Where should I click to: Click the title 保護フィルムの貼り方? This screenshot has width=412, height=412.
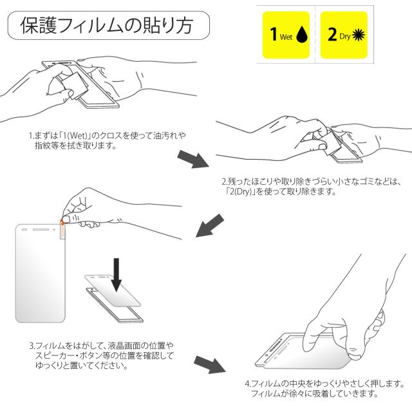[x=107, y=26]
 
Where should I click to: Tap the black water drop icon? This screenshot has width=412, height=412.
[x=302, y=34]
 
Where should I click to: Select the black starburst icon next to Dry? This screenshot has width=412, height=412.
[x=359, y=35]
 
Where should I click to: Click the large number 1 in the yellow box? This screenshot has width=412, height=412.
[x=274, y=34]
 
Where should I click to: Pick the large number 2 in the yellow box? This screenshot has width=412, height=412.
[x=332, y=34]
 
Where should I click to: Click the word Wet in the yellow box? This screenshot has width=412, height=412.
[x=286, y=37]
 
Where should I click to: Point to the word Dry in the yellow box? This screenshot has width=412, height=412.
[x=345, y=37]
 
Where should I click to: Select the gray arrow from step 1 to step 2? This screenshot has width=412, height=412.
[x=193, y=159]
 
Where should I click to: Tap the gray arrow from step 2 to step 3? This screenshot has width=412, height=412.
[x=210, y=226]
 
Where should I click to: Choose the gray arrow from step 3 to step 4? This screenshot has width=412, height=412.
[x=210, y=364]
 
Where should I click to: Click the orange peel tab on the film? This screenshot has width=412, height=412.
[x=62, y=229]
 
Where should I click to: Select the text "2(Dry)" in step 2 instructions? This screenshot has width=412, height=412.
[x=240, y=192]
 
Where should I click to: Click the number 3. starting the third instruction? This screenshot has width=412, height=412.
[x=32, y=346]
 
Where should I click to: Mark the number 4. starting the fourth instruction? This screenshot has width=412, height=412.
[x=248, y=384]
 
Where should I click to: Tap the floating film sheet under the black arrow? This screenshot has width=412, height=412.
[x=113, y=290]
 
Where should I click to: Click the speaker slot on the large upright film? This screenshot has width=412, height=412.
[x=41, y=229]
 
